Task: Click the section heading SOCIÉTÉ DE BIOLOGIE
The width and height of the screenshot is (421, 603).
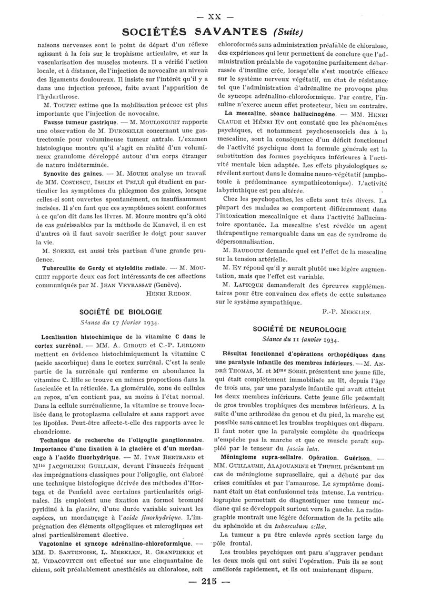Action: click(121, 311)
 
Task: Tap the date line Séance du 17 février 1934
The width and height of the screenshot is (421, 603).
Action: click(121, 322)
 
